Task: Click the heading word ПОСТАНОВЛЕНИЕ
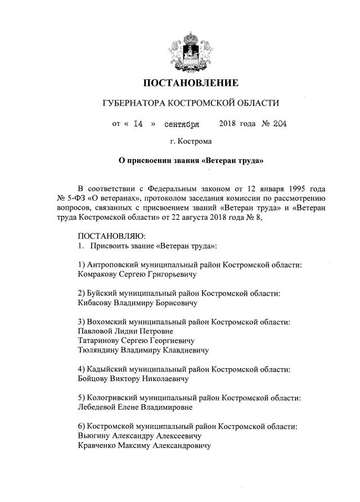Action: (191, 83)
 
